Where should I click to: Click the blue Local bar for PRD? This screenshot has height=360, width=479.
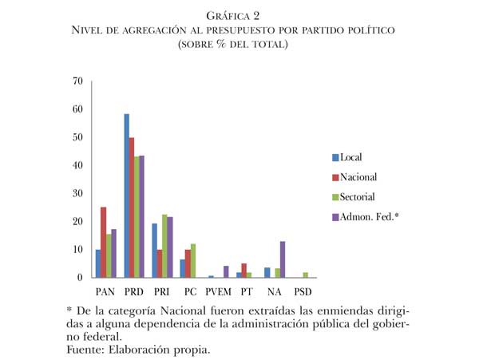[x=126, y=196]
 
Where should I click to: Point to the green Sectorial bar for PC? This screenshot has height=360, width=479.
[x=193, y=261]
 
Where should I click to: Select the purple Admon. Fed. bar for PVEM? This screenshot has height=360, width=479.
[x=226, y=272]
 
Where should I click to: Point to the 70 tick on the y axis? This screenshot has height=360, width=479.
[x=77, y=81]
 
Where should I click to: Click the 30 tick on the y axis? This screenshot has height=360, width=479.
[x=77, y=193]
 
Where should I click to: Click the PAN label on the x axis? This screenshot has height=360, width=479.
[x=104, y=292]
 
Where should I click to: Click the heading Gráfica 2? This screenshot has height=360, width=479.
[x=239, y=15]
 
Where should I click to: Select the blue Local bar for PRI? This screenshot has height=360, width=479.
[x=155, y=251]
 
